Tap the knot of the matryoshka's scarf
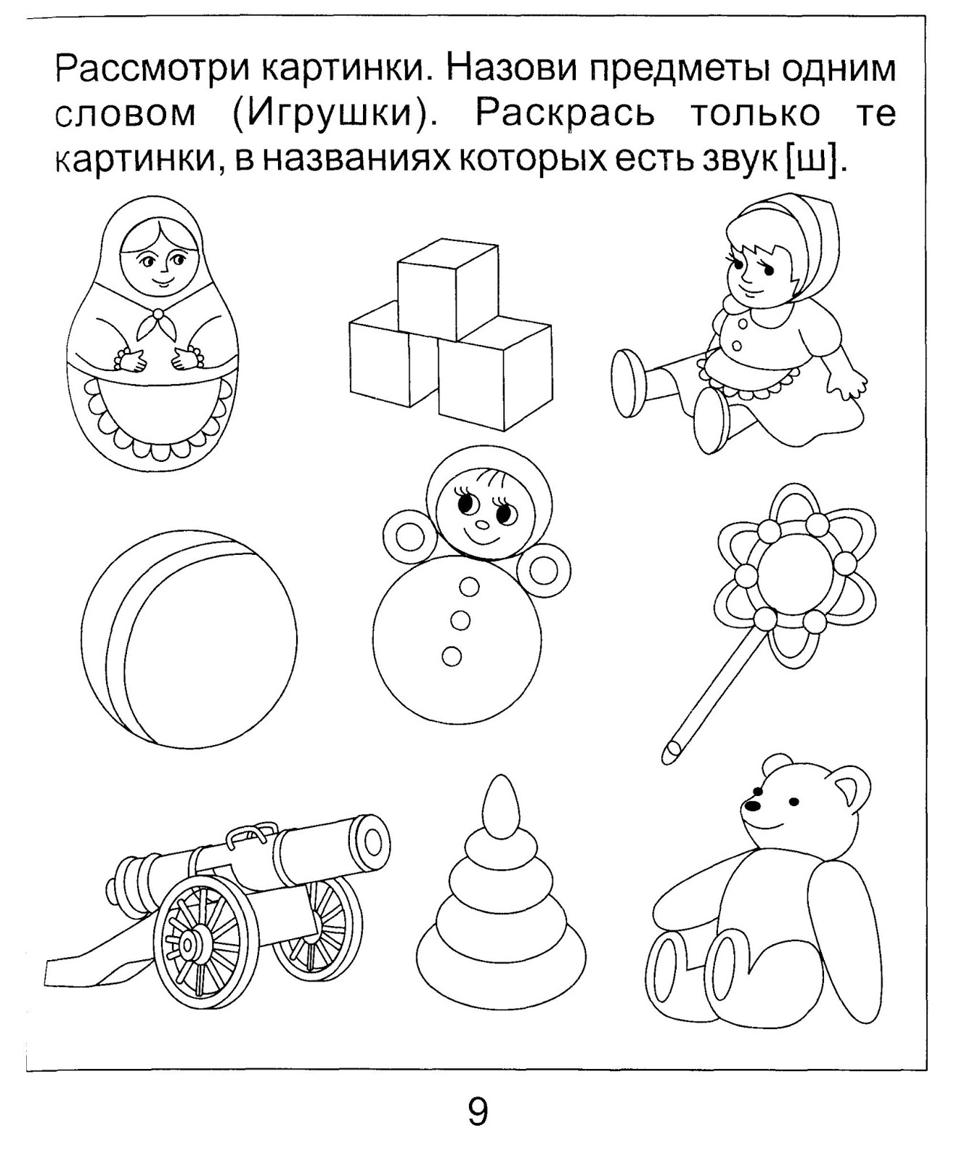coord(158,314)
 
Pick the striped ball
coord(189,639)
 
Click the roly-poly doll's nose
coord(483,524)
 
